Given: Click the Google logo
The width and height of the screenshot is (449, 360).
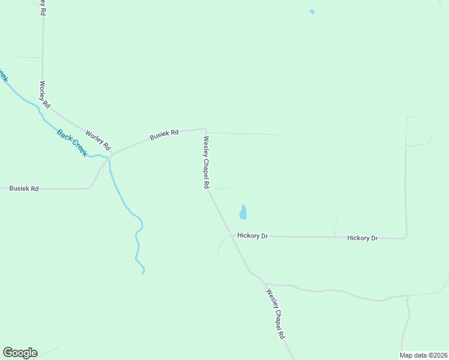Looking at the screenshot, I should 20,353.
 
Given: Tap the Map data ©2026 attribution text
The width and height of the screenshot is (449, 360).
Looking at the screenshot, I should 423,355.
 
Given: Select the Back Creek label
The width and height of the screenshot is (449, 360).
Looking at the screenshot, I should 71,143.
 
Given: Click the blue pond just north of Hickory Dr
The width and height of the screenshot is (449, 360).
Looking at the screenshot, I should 243,212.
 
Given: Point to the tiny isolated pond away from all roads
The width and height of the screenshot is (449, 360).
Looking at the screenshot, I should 312,11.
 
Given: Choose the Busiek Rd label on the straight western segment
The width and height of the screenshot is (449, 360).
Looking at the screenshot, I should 24,188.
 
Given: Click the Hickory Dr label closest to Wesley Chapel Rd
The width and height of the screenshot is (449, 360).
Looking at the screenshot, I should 252,236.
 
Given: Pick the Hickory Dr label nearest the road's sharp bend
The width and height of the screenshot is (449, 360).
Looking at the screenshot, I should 362,238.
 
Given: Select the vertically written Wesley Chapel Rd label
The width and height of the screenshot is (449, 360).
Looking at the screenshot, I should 206,163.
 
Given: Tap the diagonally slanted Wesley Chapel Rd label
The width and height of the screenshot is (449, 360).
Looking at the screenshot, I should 275,314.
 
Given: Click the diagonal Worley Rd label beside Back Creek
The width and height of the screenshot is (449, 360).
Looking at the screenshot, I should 98,140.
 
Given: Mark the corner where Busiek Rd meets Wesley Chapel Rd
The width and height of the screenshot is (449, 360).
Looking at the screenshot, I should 206,128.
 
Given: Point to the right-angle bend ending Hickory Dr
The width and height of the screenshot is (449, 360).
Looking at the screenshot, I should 406,238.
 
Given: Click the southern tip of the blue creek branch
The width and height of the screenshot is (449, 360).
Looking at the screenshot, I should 143,273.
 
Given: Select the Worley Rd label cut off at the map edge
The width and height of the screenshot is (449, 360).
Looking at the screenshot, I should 43,7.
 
